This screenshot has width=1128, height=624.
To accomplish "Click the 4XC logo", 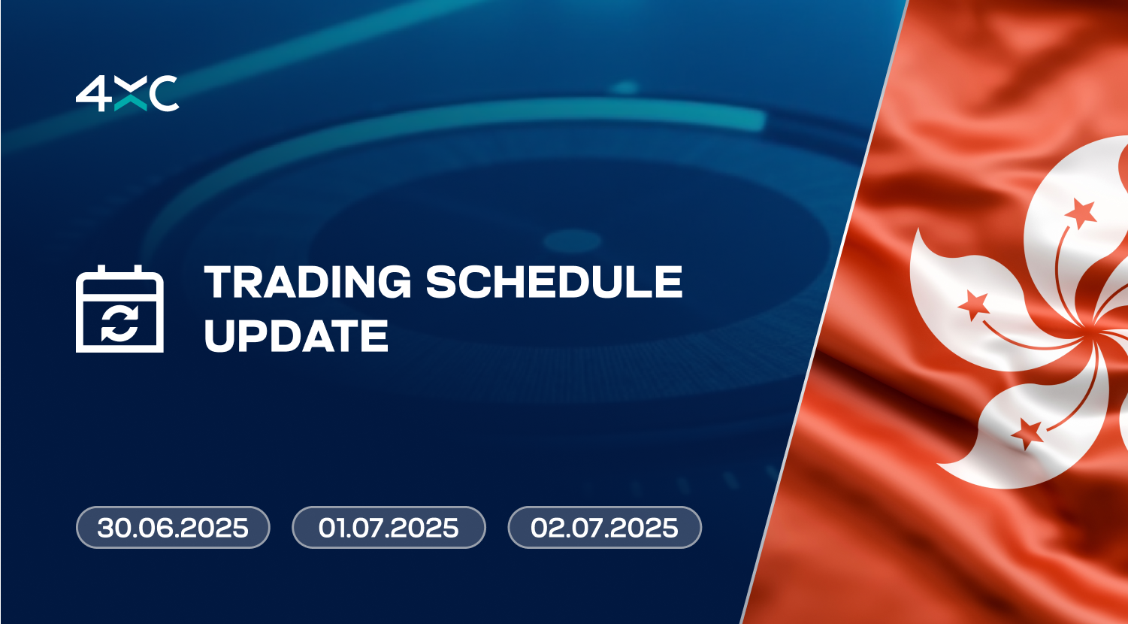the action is coord(128,94).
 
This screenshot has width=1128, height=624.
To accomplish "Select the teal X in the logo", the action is coord(131,94).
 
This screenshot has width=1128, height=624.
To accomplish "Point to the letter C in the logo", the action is coord(164,94).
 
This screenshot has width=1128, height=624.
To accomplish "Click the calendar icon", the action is coord(119,308).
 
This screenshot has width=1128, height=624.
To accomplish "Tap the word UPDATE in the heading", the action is coord(296,335).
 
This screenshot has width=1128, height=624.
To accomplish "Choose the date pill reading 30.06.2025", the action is coord(173,527).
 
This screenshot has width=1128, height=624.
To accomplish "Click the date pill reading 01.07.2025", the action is coord(389,527).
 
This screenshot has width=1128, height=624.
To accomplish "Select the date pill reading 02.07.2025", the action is coord(605,527).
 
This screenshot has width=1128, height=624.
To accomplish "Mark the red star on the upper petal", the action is coord(1081,214).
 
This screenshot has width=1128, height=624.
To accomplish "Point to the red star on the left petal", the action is coord(974,304).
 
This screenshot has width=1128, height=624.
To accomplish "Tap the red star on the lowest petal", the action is coord(1027,433).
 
